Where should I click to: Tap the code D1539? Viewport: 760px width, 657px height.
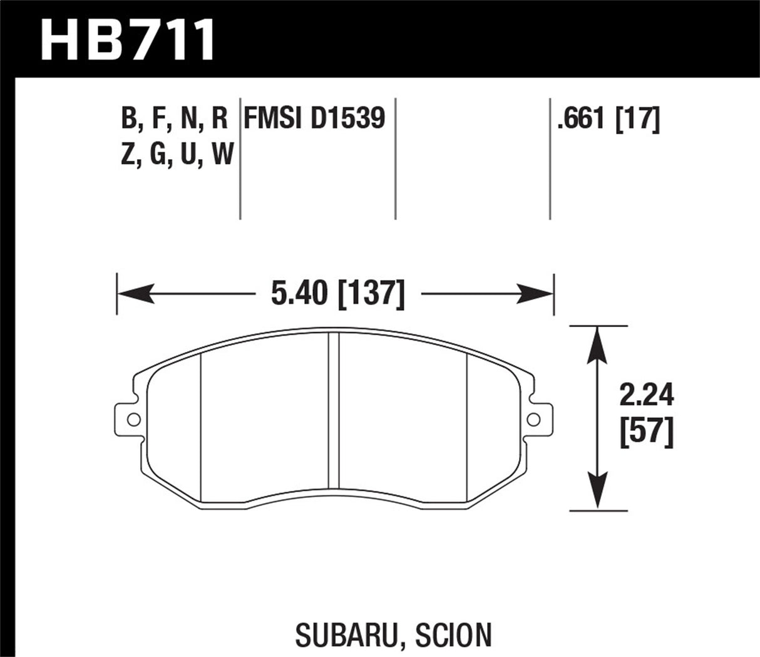348,118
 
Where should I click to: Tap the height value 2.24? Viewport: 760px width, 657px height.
646,396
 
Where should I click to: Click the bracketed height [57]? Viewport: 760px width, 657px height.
646,433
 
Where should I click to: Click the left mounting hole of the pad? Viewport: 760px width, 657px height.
132,419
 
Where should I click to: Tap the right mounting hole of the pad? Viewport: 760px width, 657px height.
533,419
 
